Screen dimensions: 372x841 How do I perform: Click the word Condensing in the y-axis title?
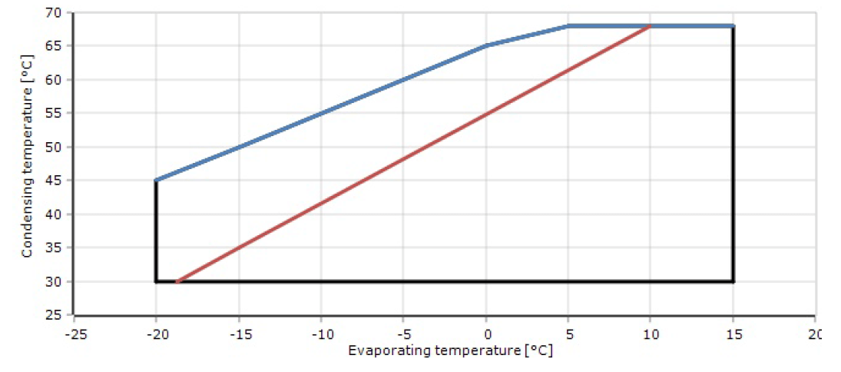coord(26,218)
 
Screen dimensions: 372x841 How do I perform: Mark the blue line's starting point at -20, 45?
coord(156,180)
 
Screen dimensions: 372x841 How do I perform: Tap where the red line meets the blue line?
coord(651,26)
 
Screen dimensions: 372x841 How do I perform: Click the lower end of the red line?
coord(177,281)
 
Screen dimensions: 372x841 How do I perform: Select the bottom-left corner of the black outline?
coord(156,281)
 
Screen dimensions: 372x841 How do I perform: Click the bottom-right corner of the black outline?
coord(733,281)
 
